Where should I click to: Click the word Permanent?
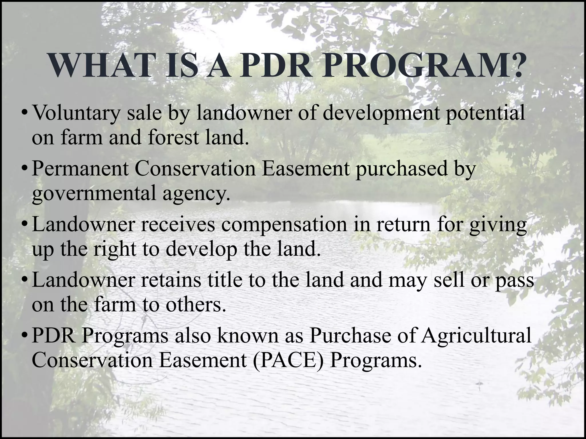pyautogui.click(x=80, y=169)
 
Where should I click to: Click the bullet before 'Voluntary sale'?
pyautogui.click(x=25, y=113)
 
